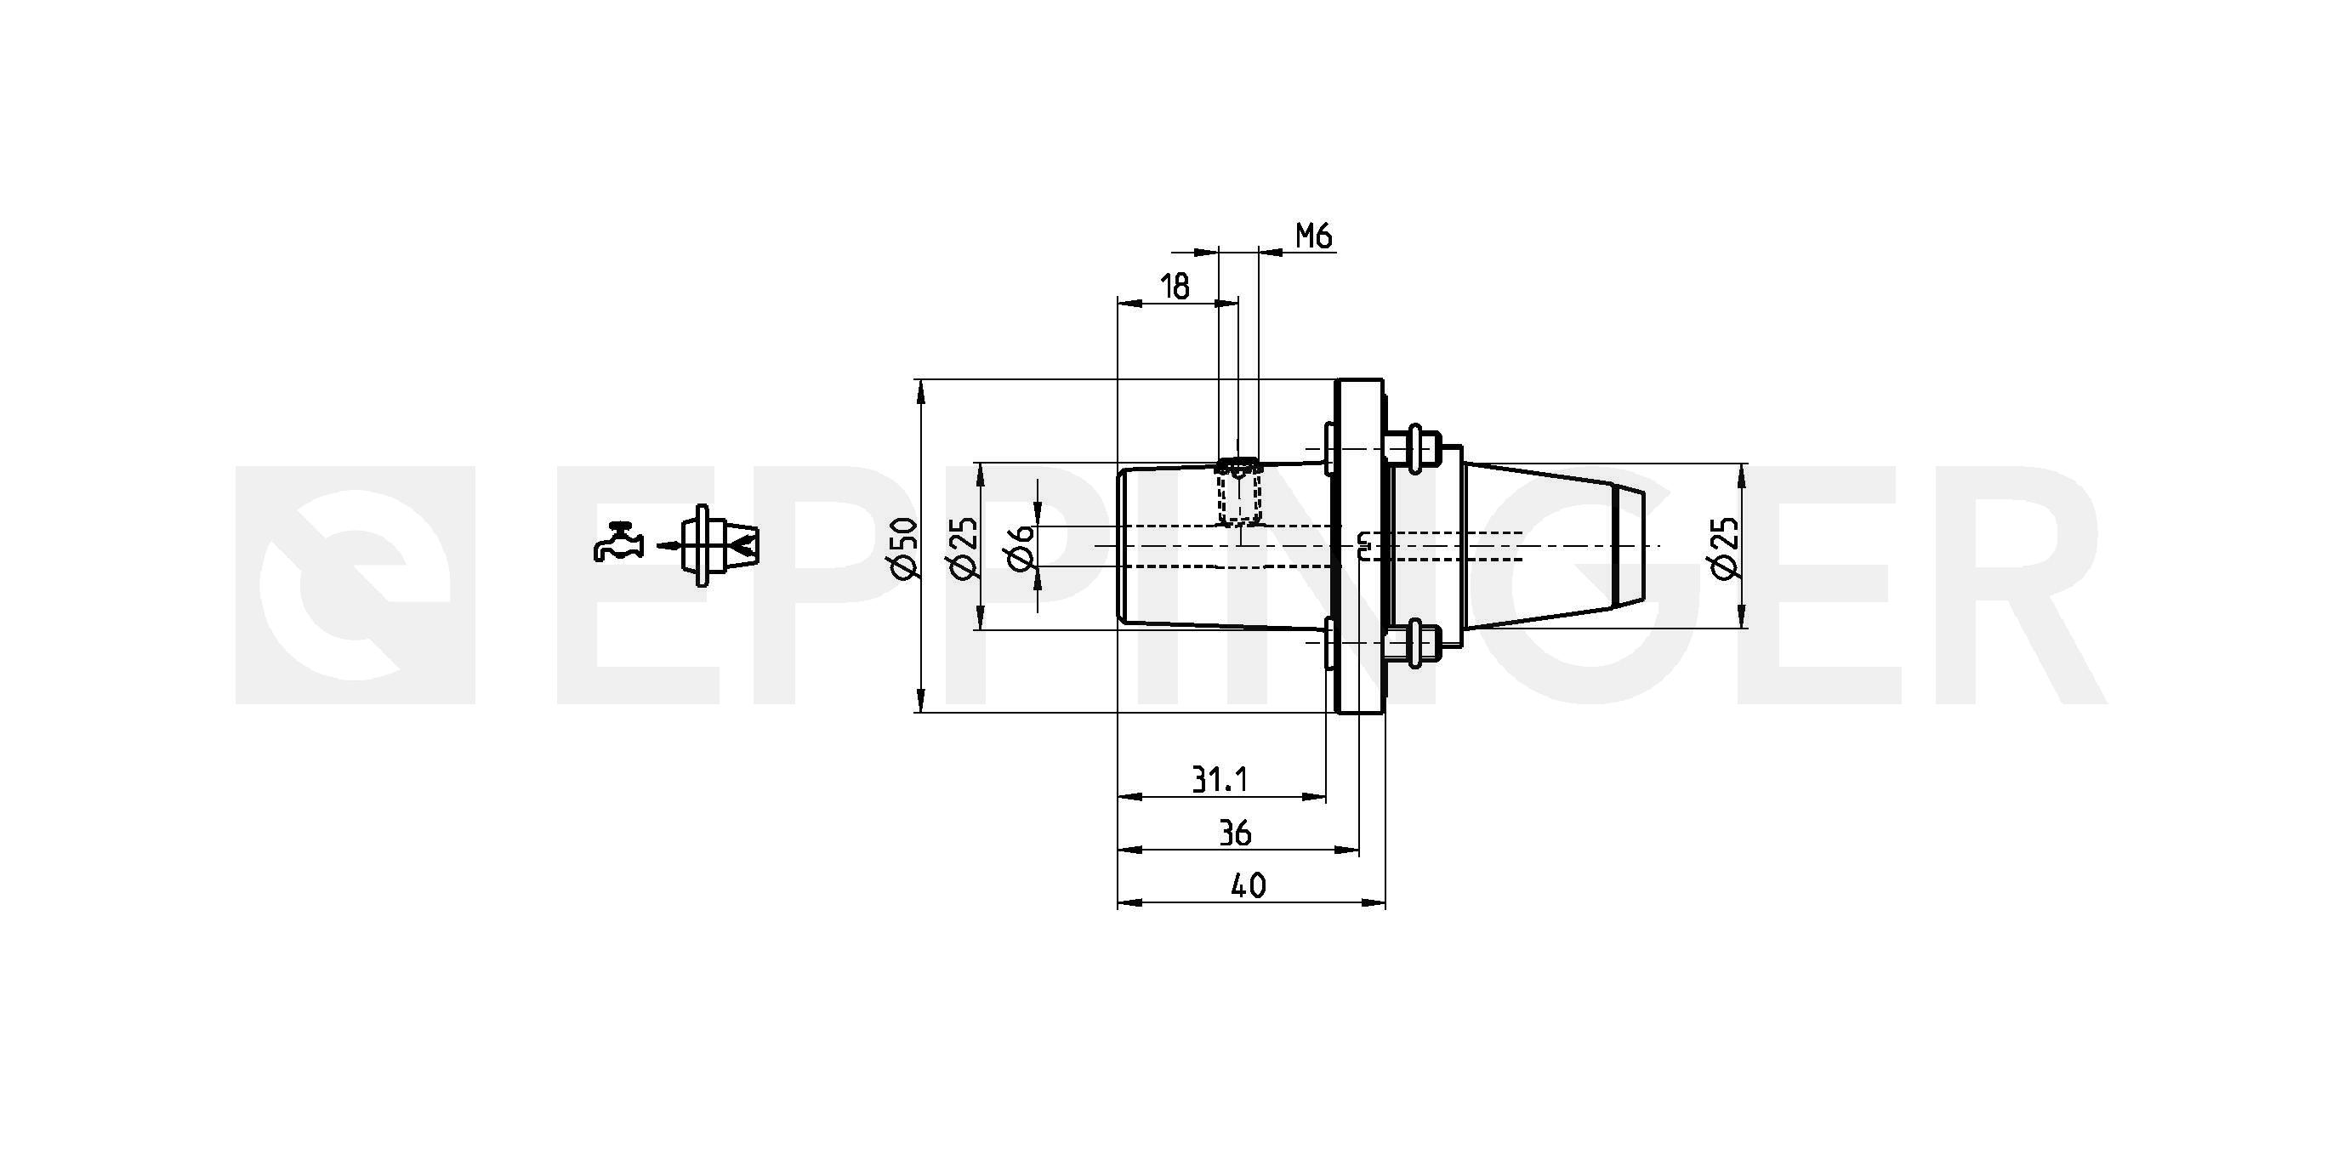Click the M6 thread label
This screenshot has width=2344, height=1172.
tap(1314, 236)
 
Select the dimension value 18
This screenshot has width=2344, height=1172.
tap(1175, 287)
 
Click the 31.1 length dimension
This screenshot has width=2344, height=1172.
tap(1220, 779)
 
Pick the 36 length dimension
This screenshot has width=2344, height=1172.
tap(1235, 833)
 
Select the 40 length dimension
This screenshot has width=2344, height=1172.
tap(1248, 885)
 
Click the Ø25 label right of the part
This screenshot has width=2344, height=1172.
tap(1725, 547)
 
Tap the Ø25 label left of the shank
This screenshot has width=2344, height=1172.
tap(963, 547)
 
